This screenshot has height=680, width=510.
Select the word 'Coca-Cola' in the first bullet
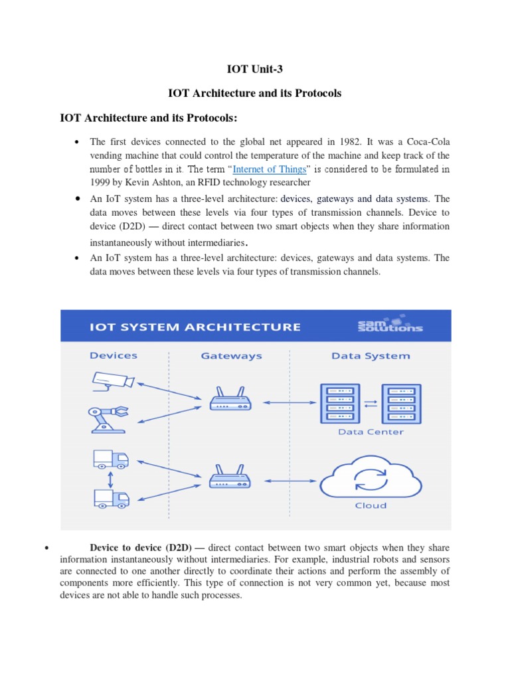click(x=428, y=141)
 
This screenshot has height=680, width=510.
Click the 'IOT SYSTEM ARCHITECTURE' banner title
click(x=196, y=327)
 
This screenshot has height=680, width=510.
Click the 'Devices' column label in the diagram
click(x=114, y=356)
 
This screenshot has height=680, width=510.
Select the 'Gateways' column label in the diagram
click(x=231, y=356)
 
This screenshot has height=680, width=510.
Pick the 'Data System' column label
click(x=371, y=356)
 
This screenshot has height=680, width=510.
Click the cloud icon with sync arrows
click(x=370, y=477)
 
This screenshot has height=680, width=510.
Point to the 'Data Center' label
click(x=371, y=432)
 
